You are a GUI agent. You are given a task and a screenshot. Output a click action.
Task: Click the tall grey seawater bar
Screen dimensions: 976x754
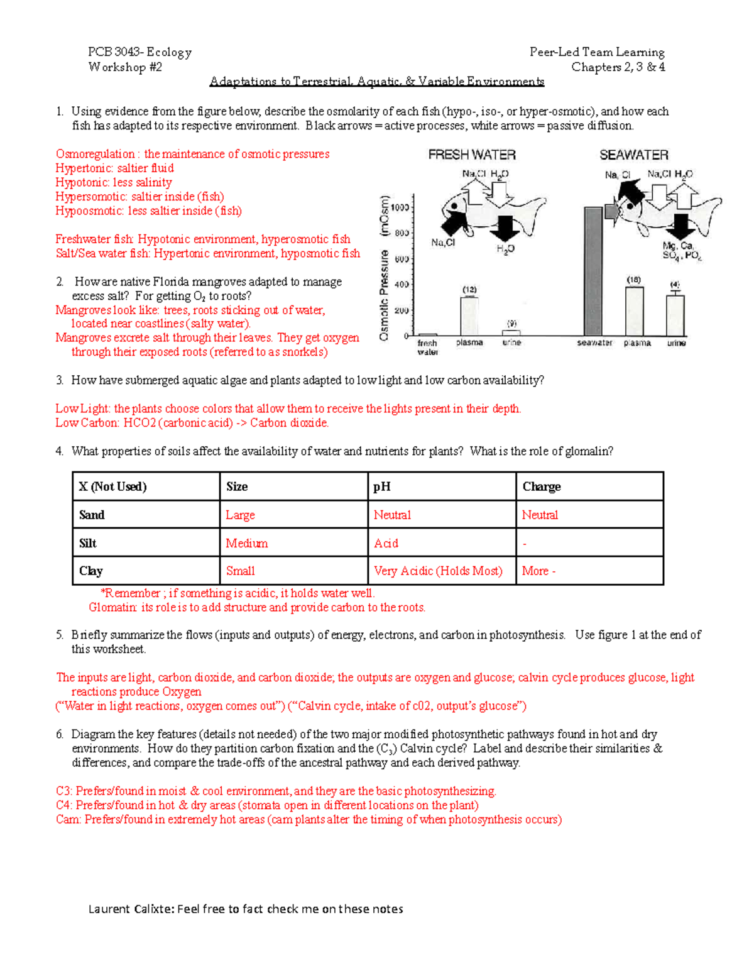[x=593, y=271]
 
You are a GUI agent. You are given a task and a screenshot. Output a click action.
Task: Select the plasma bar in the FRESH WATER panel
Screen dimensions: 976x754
[x=469, y=316]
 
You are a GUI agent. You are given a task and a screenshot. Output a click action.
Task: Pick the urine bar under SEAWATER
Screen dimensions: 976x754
[x=675, y=315]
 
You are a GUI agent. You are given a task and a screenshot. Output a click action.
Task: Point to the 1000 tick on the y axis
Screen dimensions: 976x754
[x=400, y=207]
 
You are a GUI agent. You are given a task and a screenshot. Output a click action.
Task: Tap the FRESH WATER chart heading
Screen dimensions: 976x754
[x=472, y=155]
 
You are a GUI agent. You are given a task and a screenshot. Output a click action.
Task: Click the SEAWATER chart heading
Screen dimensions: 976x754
[x=633, y=155]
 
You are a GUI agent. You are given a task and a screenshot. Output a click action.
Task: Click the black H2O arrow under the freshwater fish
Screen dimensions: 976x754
[x=503, y=228]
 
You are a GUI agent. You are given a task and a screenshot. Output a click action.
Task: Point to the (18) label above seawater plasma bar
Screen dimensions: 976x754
[x=633, y=279]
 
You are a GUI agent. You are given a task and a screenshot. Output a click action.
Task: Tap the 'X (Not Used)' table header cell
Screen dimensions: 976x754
[x=113, y=486]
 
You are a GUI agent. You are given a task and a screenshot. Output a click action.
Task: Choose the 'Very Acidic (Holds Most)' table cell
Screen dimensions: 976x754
[x=438, y=571]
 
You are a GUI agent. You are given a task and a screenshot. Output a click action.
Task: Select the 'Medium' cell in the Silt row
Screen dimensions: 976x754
[x=247, y=543]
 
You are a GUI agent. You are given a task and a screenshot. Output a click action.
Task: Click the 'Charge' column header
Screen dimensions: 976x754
[x=542, y=486]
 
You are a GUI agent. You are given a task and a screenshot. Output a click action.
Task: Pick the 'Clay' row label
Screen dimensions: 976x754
[x=91, y=571]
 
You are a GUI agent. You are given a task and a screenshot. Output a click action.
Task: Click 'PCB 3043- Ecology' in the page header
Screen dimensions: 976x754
[x=139, y=52]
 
